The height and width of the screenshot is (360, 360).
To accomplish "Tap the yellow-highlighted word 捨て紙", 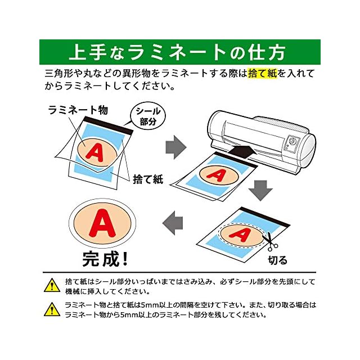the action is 263,74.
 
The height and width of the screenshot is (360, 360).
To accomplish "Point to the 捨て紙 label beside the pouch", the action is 147,179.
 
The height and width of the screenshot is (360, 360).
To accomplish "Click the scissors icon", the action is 271,240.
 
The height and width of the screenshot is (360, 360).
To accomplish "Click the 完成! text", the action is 105,259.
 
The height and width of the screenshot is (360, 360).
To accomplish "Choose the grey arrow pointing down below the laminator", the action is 260,190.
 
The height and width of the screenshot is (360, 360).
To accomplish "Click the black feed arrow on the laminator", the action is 242,151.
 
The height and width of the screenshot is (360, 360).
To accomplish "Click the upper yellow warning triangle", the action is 52,285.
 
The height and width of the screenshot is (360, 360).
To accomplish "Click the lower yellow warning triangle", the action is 52,309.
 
